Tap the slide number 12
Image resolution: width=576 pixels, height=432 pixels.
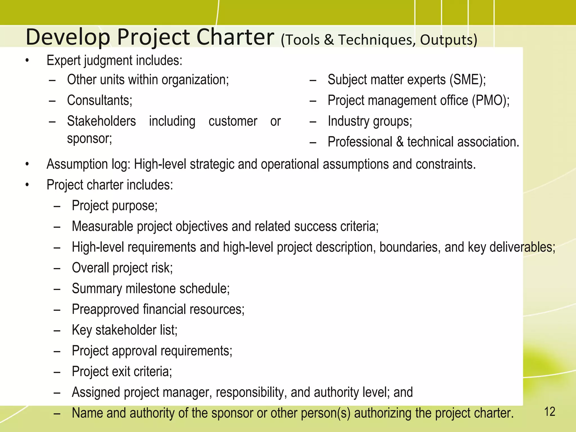tap(550, 412)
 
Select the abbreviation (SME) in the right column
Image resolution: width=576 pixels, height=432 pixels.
tap(467, 80)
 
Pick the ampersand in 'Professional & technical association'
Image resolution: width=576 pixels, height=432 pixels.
tap(400, 142)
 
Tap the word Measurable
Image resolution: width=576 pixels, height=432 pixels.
tap(102, 226)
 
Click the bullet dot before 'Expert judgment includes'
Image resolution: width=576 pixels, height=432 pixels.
tap(27, 60)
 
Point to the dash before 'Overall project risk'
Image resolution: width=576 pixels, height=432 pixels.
tap(57, 268)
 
